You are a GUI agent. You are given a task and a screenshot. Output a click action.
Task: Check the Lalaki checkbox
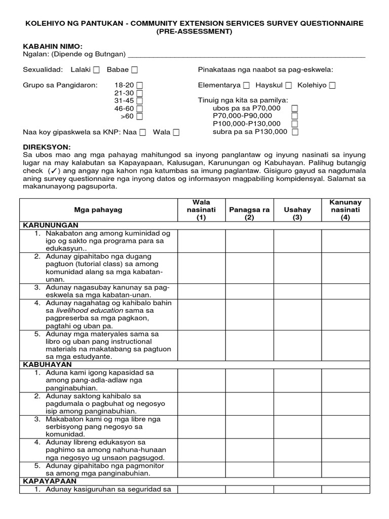pyautogui.click(x=97, y=70)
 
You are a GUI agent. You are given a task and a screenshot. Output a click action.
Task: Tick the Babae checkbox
pyautogui.click(x=134, y=70)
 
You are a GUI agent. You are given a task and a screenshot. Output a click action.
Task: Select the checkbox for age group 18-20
pyautogui.click(x=139, y=86)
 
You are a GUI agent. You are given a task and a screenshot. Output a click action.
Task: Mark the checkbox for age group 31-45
pyautogui.click(x=139, y=101)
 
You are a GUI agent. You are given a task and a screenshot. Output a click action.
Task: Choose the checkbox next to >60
pyautogui.click(x=139, y=117)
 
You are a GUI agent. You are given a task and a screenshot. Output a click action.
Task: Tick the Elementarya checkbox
pyautogui.click(x=246, y=86)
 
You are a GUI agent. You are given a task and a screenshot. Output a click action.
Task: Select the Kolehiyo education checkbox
pyautogui.click(x=332, y=86)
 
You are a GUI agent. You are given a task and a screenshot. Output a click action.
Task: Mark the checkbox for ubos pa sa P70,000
pyautogui.click(x=295, y=108)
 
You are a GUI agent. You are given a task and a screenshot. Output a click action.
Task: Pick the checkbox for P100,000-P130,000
pyautogui.click(x=295, y=124)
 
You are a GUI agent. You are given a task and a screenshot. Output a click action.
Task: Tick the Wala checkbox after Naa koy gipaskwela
pyautogui.click(x=176, y=132)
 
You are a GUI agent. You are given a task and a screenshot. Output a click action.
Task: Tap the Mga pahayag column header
pyautogui.click(x=98, y=210)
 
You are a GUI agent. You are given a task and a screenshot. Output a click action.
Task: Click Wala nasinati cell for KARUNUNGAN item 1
pyautogui.click(x=201, y=241)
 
